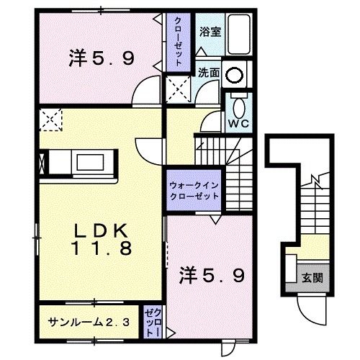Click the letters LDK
100,232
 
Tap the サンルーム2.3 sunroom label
89,321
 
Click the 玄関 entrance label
311,277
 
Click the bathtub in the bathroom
238,36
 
